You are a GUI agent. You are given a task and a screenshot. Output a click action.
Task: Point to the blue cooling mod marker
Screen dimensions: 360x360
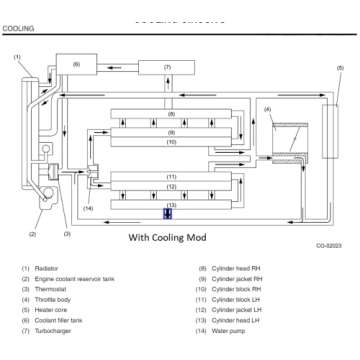point(168,213)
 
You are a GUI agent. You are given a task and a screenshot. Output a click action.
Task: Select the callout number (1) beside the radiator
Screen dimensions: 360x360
point(16,57)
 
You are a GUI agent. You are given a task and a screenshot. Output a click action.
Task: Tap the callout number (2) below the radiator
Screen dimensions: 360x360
point(33,235)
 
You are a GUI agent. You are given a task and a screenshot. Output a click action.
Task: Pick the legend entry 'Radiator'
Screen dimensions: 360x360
point(47,269)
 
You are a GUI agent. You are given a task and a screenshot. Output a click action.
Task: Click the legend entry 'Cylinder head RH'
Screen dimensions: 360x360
point(239,269)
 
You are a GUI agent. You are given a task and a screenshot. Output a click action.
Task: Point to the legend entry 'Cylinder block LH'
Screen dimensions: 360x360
point(241,299)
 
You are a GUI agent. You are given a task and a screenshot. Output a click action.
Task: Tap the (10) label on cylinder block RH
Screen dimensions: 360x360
point(171,142)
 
